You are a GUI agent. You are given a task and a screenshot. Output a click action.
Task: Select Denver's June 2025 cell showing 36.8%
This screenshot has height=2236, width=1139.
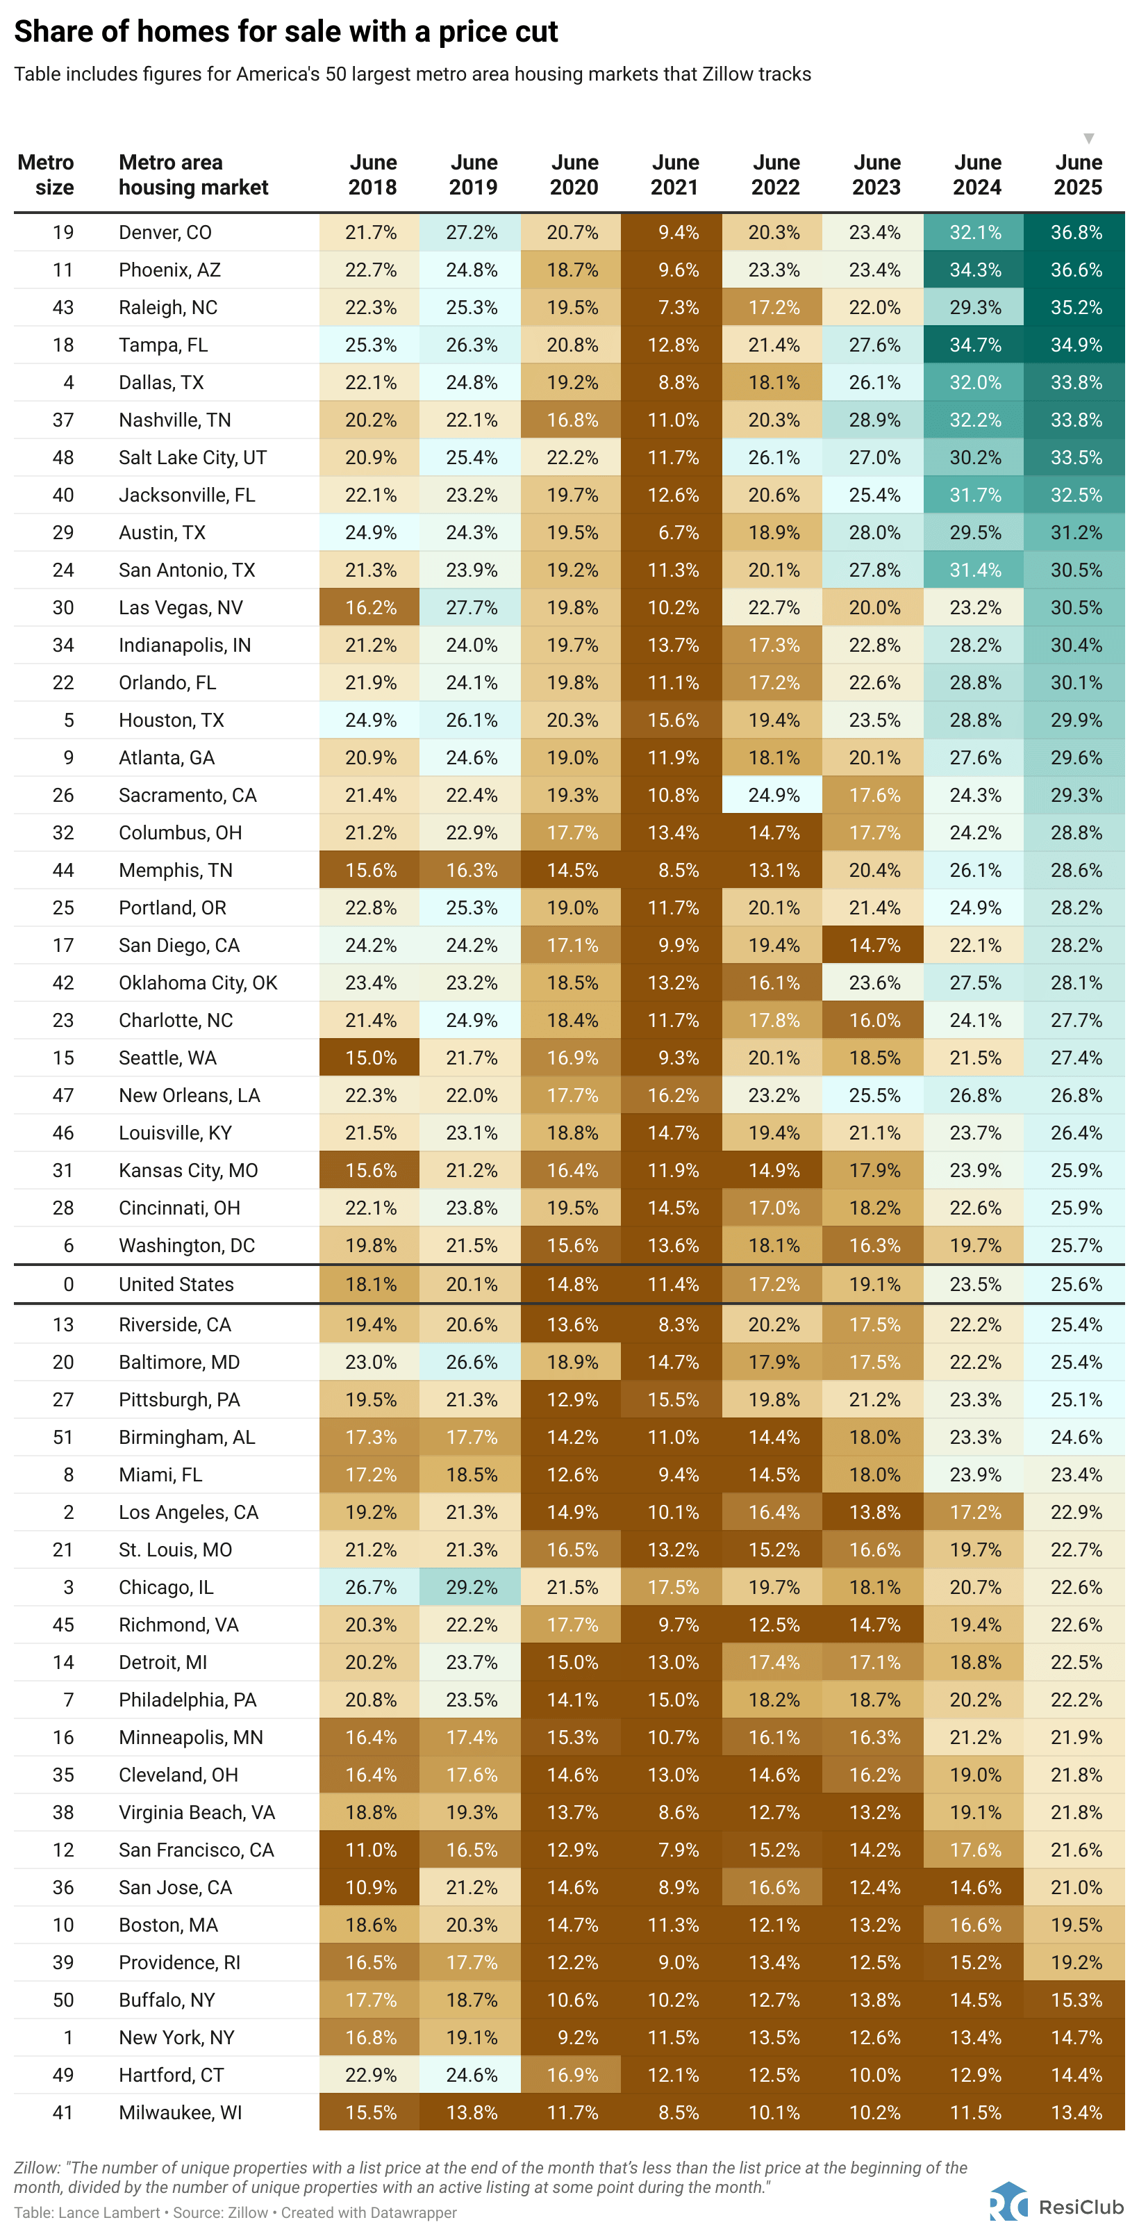coord(1076,233)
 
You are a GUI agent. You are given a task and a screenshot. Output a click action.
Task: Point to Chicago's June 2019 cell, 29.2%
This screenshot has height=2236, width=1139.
coord(471,1587)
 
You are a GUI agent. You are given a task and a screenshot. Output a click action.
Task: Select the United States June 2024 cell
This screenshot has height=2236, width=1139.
coord(975,1284)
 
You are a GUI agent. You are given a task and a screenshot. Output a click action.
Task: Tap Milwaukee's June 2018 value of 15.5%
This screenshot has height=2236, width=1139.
coord(370,2112)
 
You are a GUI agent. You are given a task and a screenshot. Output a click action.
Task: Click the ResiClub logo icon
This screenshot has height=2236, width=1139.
coord(1008,2201)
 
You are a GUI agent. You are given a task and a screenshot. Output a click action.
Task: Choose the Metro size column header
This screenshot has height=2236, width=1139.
coord(46,174)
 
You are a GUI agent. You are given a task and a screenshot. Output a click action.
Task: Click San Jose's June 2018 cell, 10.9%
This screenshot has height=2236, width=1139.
coord(370,1887)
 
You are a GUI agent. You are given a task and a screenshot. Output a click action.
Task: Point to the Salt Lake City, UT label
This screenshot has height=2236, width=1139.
coord(192,457)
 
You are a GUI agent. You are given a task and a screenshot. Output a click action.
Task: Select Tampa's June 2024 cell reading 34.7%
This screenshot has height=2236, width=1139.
coord(975,345)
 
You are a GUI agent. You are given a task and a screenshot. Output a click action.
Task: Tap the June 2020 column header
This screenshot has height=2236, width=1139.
coord(574,174)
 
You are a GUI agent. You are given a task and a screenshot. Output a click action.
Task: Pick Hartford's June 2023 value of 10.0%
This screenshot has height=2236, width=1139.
coord(874,2075)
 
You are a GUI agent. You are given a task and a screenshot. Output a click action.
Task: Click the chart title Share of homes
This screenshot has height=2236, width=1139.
coord(285,31)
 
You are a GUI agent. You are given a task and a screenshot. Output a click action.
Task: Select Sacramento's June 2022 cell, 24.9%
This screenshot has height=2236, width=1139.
coord(774,795)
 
